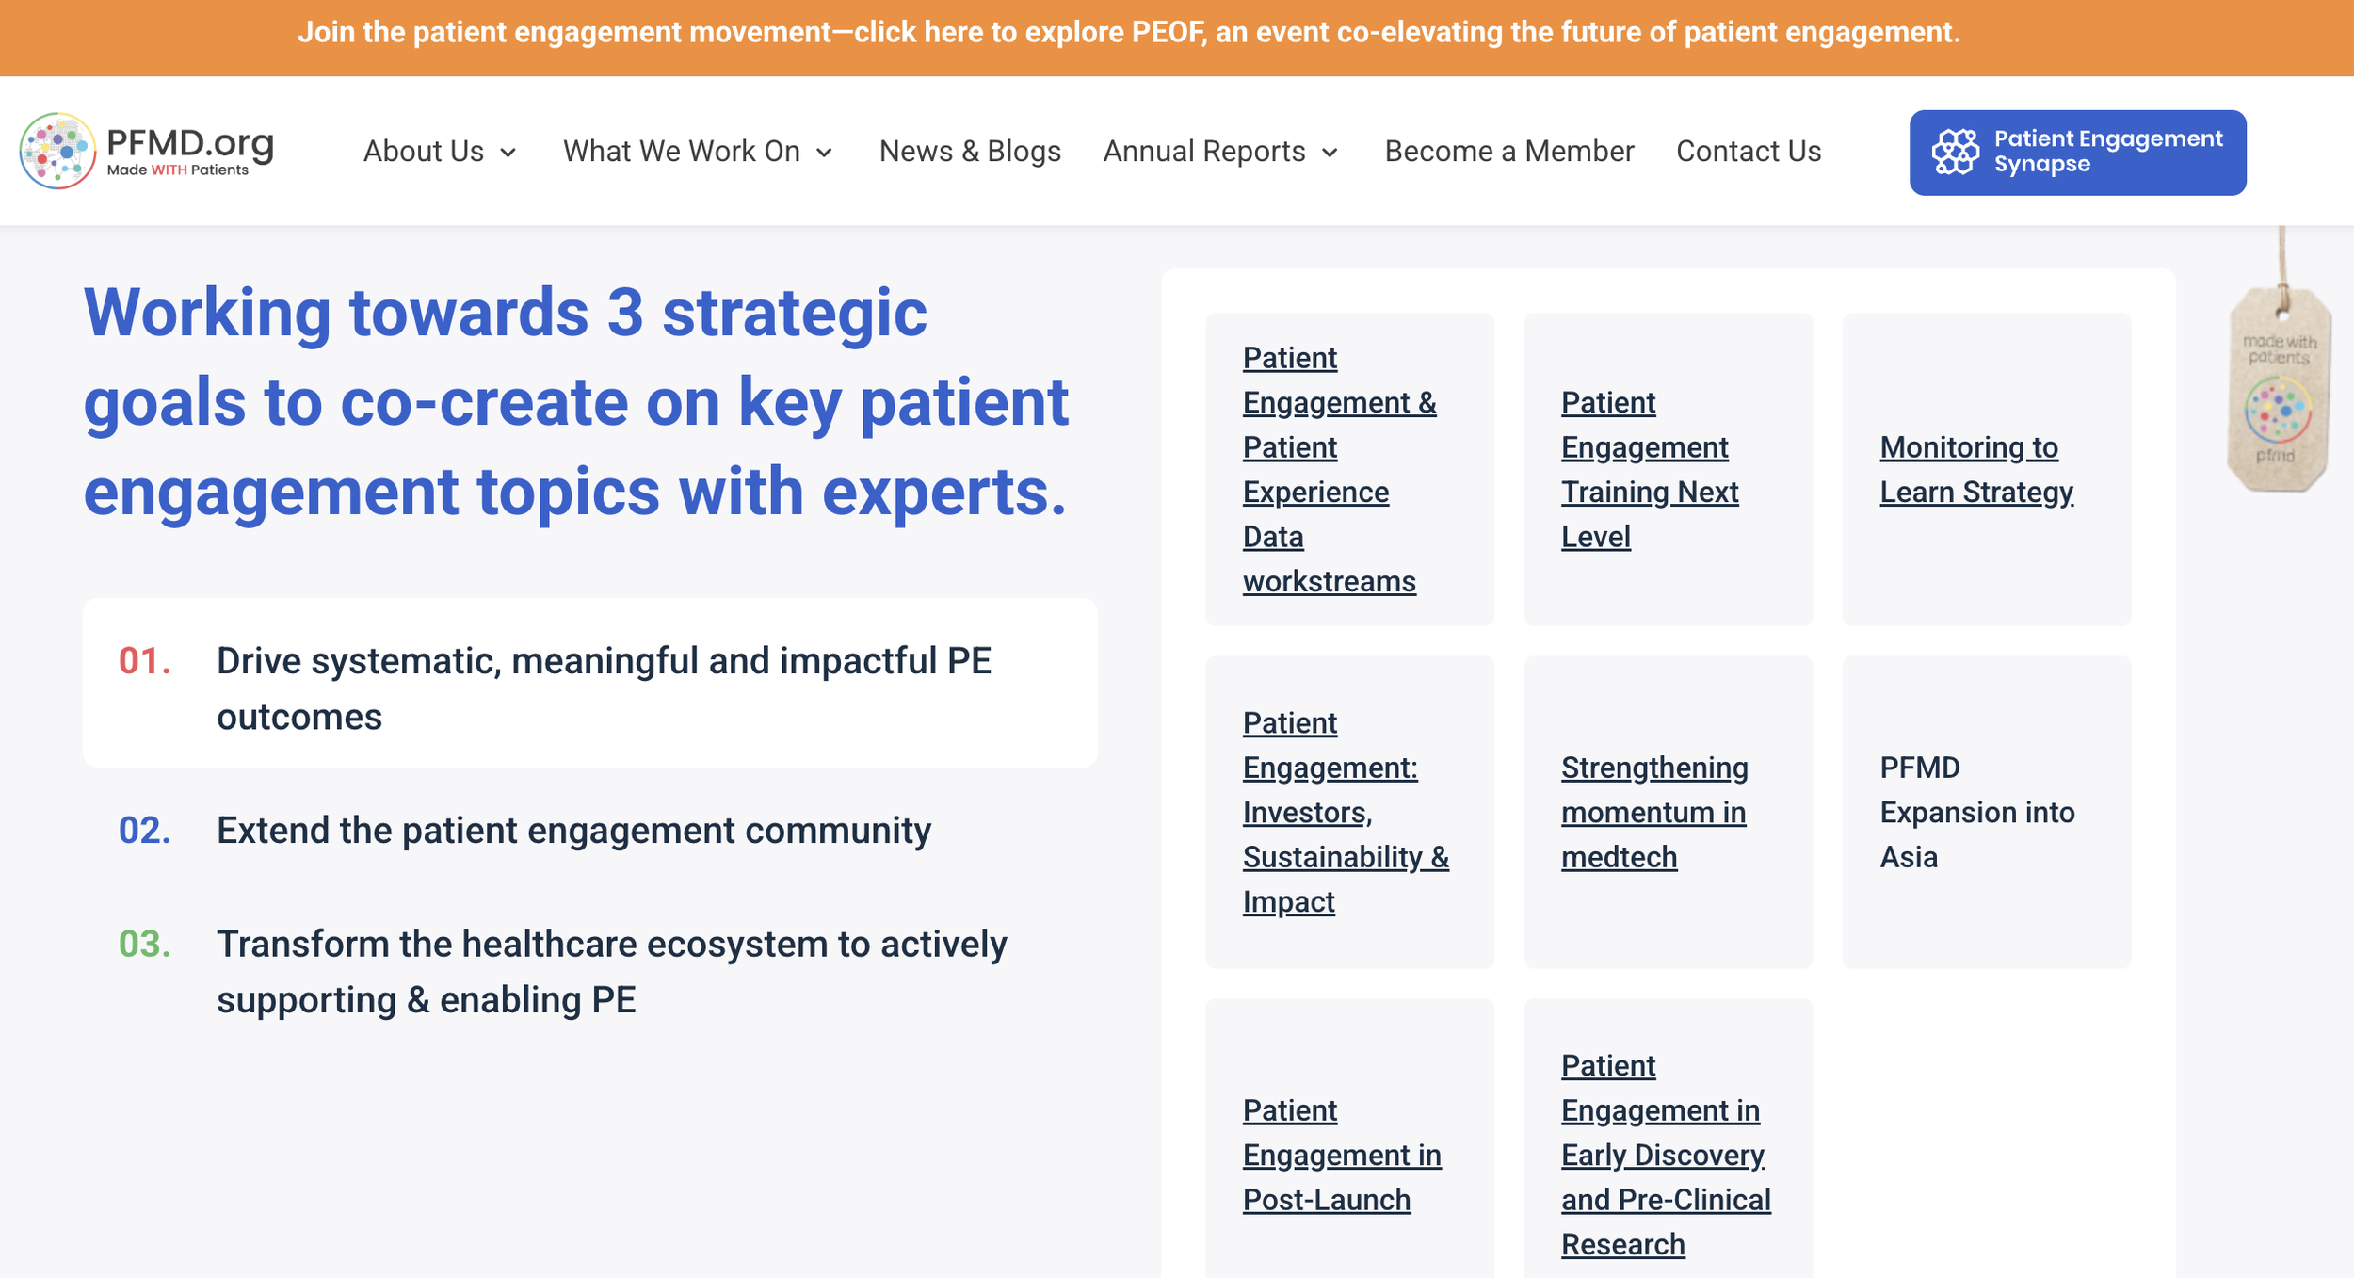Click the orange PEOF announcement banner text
point(1128,33)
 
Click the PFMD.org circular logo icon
point(57,151)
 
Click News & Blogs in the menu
point(969,152)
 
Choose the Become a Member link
point(1508,152)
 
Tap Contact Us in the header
point(1748,152)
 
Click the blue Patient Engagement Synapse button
point(2076,153)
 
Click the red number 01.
point(144,661)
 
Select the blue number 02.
point(144,831)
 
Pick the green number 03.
point(144,944)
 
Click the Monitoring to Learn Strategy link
point(1975,470)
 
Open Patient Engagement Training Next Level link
point(1648,470)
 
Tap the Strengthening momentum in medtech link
point(1653,812)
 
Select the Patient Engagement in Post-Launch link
point(1340,1155)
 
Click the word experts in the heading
point(943,493)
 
